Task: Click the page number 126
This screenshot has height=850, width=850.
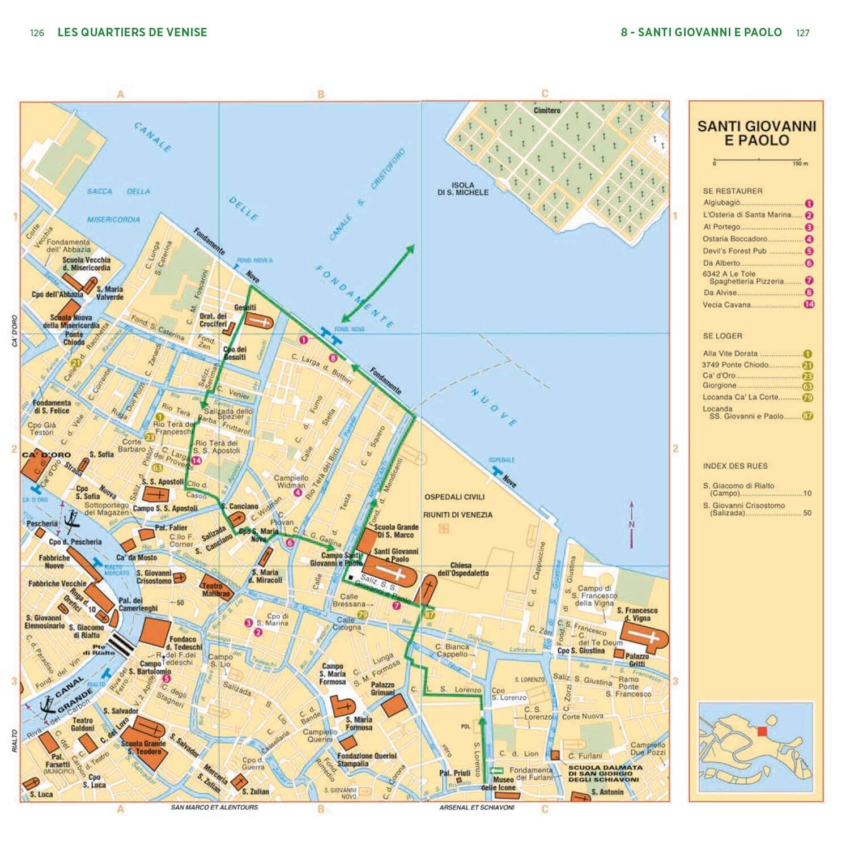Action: (37, 33)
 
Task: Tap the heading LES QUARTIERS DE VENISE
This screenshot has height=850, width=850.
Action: (132, 32)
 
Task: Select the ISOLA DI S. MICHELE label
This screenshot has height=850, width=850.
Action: (462, 189)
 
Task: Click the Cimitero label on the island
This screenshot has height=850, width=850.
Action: (546, 110)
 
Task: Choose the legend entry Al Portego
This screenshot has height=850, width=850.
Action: (722, 227)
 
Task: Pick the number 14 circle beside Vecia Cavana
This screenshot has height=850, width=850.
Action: (809, 304)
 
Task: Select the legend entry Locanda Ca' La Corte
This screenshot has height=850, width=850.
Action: (740, 397)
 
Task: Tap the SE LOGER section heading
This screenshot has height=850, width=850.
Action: (722, 335)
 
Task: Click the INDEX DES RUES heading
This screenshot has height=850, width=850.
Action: (735, 466)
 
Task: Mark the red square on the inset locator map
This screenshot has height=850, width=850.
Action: (762, 731)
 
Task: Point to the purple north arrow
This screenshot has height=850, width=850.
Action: (631, 524)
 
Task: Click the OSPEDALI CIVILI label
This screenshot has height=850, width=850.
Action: (454, 497)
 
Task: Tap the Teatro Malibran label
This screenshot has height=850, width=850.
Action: (216, 590)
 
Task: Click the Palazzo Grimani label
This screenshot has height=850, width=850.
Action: (382, 688)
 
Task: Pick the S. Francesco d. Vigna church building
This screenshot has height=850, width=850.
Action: (652, 638)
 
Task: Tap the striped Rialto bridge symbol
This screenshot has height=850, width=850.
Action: (120, 643)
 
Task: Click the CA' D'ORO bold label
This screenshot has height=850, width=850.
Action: (46, 454)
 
